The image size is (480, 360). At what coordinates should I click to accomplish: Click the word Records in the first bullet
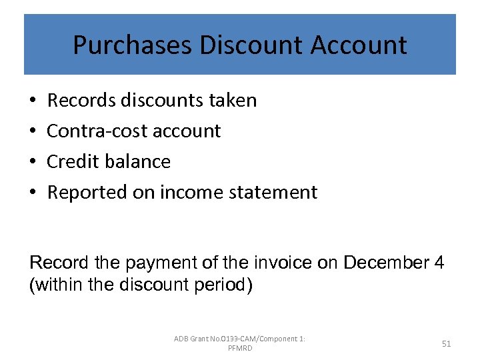[x=81, y=101]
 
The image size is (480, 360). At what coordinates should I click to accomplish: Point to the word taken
[x=232, y=101]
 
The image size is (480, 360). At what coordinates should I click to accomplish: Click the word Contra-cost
[x=97, y=131]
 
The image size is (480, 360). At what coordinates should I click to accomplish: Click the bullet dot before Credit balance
[x=33, y=162]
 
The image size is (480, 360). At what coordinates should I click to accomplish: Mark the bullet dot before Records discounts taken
[x=33, y=101]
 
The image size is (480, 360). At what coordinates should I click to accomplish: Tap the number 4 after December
[x=439, y=263]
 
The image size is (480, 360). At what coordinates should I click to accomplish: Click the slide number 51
[x=447, y=343]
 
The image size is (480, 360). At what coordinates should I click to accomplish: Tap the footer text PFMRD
[x=240, y=349]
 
